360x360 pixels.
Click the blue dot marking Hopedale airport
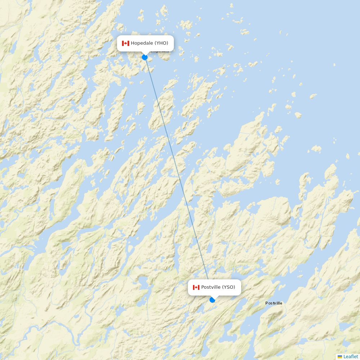point(145,57)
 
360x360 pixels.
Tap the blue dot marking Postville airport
point(212,300)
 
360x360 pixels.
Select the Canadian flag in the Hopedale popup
point(125,43)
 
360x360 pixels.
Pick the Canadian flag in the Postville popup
point(196,287)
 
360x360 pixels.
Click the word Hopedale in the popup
point(142,43)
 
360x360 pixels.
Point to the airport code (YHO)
point(161,43)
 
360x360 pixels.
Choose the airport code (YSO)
point(228,287)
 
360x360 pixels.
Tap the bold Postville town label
point(274,303)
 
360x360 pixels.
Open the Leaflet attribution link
point(351,356)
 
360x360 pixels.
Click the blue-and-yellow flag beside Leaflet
point(340,356)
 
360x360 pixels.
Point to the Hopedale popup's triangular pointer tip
point(145,54)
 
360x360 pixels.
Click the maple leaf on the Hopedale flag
point(125,43)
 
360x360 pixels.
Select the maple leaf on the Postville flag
point(196,287)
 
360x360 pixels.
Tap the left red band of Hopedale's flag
point(123,43)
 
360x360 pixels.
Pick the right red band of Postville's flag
point(199,287)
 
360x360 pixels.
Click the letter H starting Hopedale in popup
point(132,43)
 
